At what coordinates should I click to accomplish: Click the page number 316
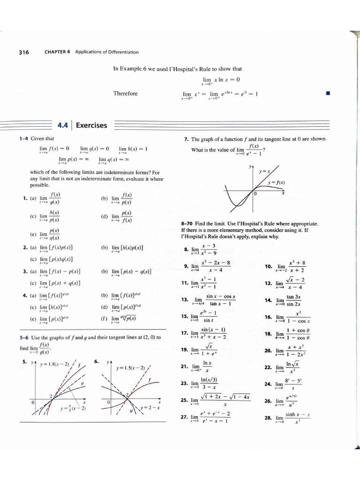24,52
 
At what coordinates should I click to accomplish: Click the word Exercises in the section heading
91,125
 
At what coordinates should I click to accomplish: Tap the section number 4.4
63,125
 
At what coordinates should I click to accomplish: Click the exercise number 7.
187,139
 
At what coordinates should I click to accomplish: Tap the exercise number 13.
184,300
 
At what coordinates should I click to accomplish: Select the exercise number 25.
184,400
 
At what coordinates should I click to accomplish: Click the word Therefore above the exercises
125,93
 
